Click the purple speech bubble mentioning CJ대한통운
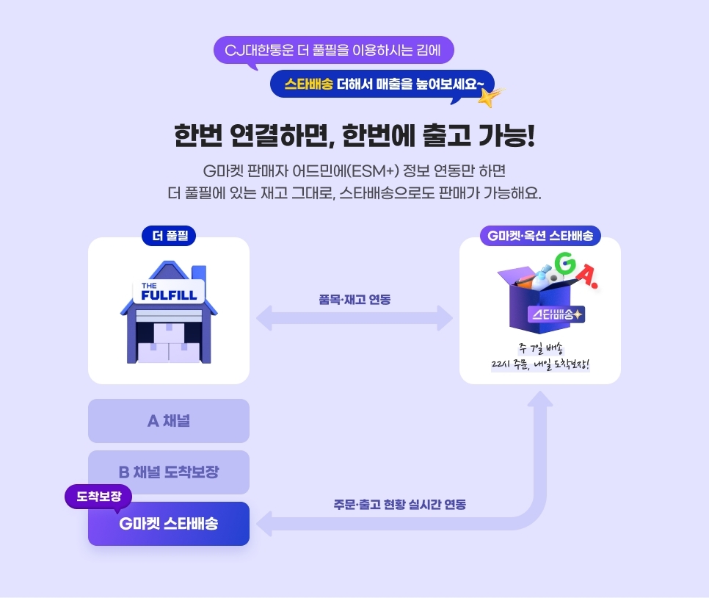click(334, 50)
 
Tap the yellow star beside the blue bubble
click(490, 96)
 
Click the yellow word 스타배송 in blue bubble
click(308, 83)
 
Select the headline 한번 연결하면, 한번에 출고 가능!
click(354, 135)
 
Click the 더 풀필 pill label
click(169, 237)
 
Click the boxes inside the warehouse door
click(169, 343)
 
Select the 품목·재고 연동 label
click(354, 299)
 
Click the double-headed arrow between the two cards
click(354, 319)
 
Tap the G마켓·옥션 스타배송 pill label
click(540, 237)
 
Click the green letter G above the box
click(564, 264)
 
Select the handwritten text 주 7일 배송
click(540, 348)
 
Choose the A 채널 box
click(169, 421)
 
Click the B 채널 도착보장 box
click(169, 472)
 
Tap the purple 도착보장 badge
click(98, 496)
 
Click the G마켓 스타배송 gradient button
click(169, 524)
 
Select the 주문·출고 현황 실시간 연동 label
click(399, 505)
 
